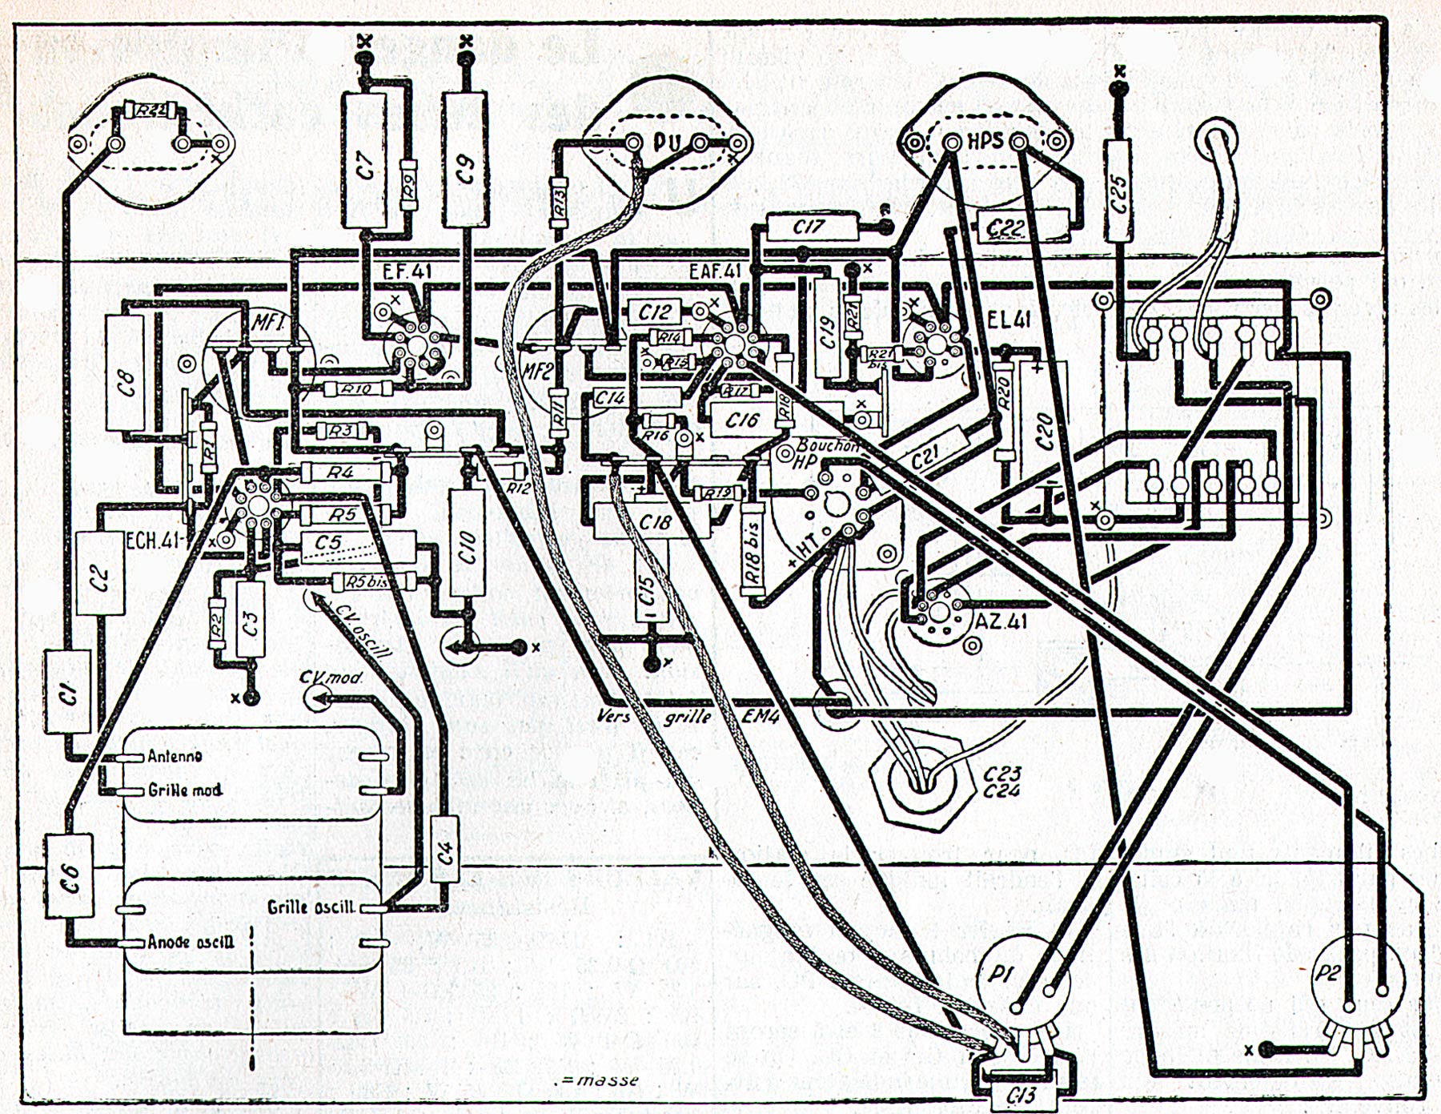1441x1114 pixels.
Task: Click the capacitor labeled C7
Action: (x=365, y=161)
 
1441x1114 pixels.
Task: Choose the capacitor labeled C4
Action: (x=445, y=849)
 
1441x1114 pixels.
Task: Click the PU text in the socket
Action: (x=666, y=144)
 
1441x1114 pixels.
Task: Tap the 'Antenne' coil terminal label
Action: (x=175, y=756)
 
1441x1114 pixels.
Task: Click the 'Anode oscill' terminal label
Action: (x=191, y=942)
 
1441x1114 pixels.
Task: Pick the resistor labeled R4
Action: (x=339, y=473)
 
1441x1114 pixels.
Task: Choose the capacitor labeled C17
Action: (x=809, y=227)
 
